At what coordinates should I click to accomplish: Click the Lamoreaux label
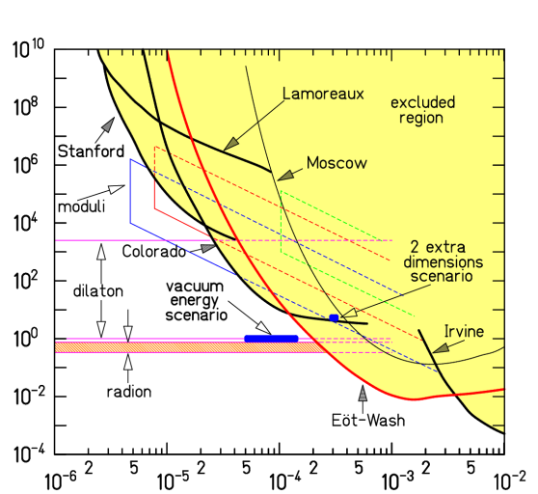[323, 94]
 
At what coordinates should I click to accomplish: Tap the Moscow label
[336, 163]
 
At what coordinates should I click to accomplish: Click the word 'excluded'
[422, 102]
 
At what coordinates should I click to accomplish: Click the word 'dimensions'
[443, 261]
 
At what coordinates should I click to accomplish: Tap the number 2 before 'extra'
[414, 246]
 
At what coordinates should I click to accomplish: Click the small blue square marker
[334, 317]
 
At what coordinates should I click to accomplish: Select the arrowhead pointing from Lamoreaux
[231, 145]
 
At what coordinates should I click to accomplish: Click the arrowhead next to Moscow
[284, 175]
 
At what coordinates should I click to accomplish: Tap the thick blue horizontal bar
[271, 339]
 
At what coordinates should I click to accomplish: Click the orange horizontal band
[183, 347]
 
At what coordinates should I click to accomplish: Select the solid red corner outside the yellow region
[155, 207]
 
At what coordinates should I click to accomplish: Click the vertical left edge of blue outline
[130, 191]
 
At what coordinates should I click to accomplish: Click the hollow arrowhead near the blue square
[351, 312]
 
